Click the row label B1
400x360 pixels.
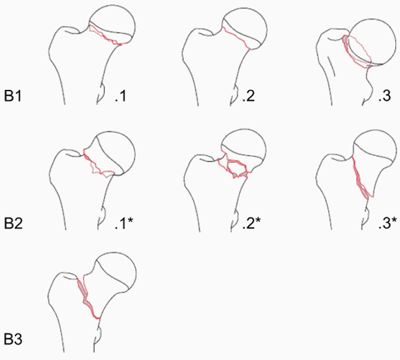pyautogui.click(x=13, y=96)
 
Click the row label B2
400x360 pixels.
pyautogui.click(x=13, y=223)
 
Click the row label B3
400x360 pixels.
pyautogui.click(x=13, y=339)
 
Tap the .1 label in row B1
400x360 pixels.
pyautogui.click(x=120, y=96)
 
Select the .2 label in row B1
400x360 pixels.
pyautogui.click(x=248, y=96)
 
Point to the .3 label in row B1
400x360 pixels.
pyautogui.click(x=385, y=96)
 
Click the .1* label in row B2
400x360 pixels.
pyautogui.click(x=124, y=223)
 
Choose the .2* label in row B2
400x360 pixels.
pyautogui.click(x=251, y=223)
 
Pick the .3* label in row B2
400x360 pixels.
pyautogui.click(x=388, y=223)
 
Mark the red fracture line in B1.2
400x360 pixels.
pyautogui.click(x=236, y=37)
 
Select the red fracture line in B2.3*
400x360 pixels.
pyautogui.click(x=361, y=180)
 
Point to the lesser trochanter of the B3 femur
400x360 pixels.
pyautogui.click(x=98, y=335)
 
